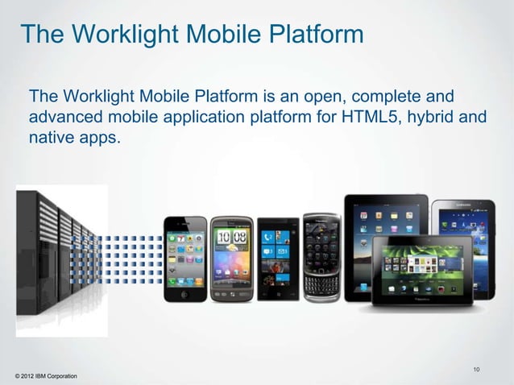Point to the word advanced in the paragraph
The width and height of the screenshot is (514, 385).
67,118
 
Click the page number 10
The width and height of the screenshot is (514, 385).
477,370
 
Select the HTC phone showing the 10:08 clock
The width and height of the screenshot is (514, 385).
231,257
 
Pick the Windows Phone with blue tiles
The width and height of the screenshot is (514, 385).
276,256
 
